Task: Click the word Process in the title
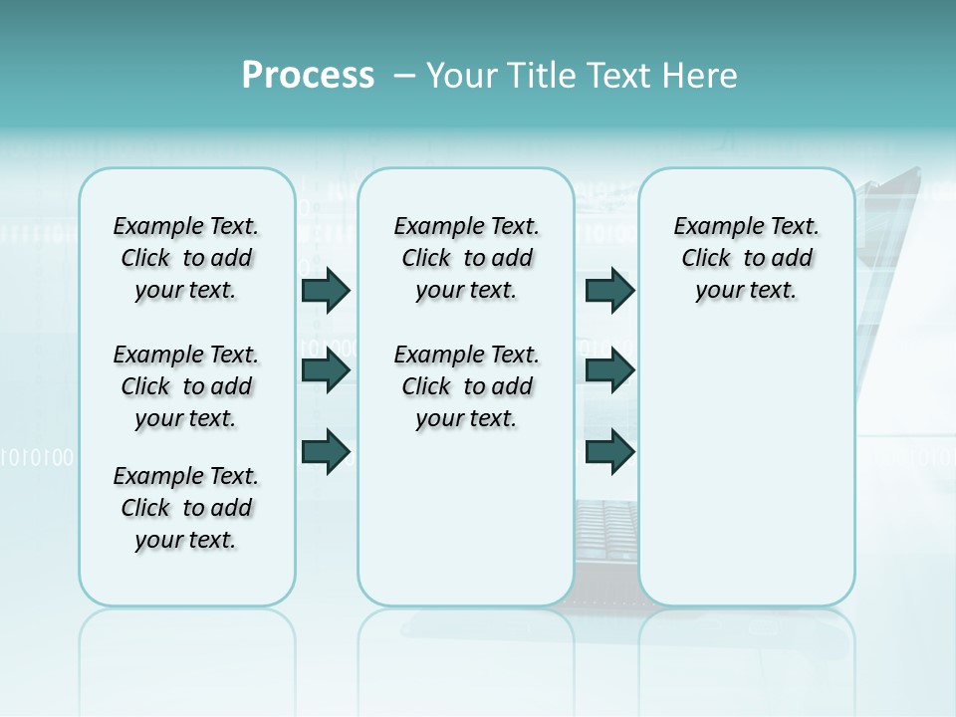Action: coord(308,76)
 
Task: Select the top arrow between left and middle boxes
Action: coord(326,290)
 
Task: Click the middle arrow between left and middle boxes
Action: coord(326,370)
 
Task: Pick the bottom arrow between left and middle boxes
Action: coord(326,452)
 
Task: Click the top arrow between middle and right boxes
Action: coord(609,290)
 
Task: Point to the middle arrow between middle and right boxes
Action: coord(609,370)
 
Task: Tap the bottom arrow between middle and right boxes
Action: coord(609,452)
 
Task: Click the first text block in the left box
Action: coord(186,258)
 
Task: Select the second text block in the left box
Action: coord(186,386)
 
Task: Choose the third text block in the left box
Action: coord(186,508)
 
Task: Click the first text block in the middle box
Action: coord(466,258)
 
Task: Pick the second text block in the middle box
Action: coord(466,386)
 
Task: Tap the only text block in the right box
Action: coord(746,258)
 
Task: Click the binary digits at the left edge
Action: coord(37,458)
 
